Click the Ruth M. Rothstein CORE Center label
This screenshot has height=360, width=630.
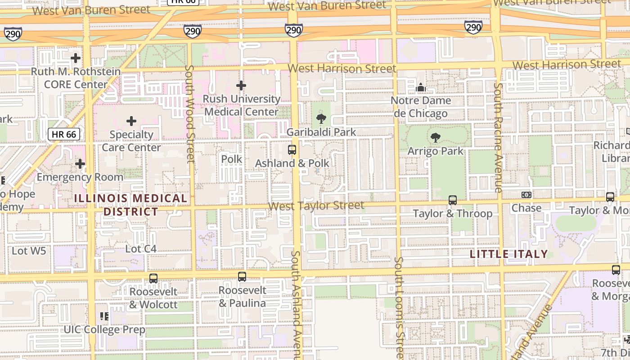point(76,78)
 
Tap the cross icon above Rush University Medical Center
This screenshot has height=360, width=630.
point(241,85)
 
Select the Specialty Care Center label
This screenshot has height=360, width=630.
point(131,141)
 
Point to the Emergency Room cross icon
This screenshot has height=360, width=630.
point(80,164)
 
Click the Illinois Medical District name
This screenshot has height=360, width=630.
point(130,205)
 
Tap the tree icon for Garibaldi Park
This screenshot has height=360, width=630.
point(321,119)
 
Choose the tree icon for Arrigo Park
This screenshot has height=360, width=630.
point(435,138)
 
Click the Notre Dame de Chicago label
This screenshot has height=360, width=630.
point(421,107)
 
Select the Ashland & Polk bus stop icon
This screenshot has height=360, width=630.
point(292,150)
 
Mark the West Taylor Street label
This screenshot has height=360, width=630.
point(316,206)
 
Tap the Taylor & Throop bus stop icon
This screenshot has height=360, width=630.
point(453,200)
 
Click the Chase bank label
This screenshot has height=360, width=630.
point(526,208)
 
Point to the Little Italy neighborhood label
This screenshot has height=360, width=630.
point(508,254)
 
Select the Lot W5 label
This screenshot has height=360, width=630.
point(29,251)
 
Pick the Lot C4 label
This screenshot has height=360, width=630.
point(141,249)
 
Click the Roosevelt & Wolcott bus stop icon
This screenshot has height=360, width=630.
point(153,279)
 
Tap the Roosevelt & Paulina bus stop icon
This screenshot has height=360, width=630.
point(242,277)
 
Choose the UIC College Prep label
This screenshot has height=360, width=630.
point(104,329)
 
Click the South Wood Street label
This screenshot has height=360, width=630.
point(190,113)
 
